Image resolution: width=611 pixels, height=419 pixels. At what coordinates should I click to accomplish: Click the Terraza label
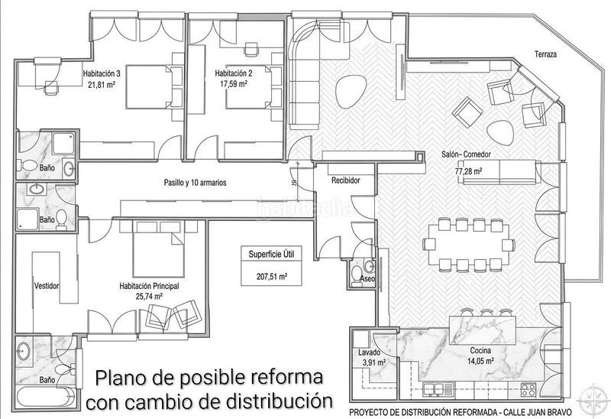coord(545,54)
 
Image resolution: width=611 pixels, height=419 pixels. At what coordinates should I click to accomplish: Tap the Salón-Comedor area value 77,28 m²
coord(468,171)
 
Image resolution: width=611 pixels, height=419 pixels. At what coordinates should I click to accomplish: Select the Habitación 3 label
coord(102,73)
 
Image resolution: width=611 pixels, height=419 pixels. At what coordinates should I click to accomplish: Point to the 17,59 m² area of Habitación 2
coord(234,83)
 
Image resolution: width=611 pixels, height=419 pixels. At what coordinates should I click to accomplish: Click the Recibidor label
coord(346,180)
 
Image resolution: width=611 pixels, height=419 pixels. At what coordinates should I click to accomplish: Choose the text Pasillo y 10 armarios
coord(196,182)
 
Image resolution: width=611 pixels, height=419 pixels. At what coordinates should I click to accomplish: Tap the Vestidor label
coord(47,285)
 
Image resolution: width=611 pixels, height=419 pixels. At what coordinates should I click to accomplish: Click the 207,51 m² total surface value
coord(272,277)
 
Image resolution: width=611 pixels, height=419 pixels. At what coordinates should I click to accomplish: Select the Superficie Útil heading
coord(272,255)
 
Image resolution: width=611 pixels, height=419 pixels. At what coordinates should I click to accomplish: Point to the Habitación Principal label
coord(149,286)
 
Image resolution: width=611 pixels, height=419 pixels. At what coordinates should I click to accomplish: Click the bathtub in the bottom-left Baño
coord(46,397)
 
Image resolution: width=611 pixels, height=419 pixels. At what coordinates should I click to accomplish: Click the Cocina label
coord(480,351)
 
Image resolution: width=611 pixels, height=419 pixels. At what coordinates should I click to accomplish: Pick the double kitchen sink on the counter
coord(438,389)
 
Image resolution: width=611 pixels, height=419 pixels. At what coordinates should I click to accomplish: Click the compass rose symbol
coord(593,399)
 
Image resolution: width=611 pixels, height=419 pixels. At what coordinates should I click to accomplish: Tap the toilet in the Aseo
coord(356,274)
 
